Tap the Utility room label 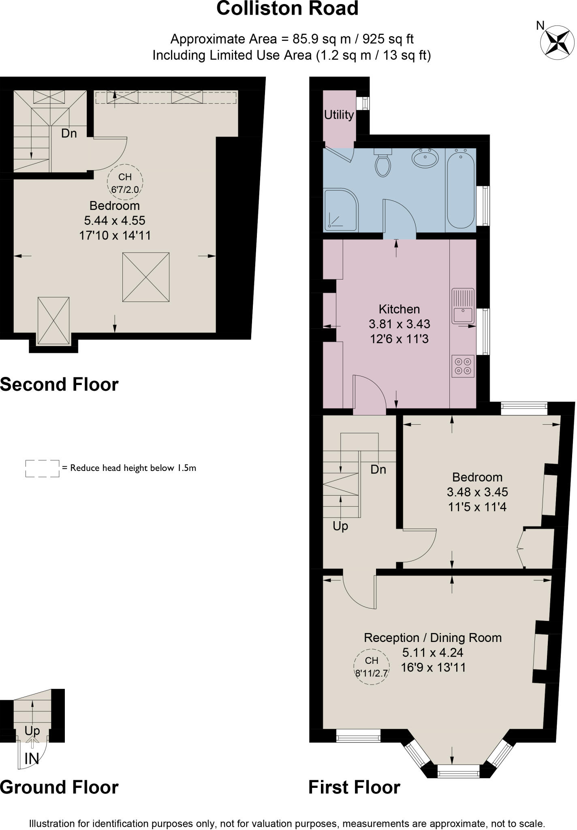click(x=339, y=115)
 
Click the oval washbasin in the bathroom click(x=425, y=157)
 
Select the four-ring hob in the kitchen click(x=463, y=366)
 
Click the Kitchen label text click(x=399, y=309)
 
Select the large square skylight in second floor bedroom click(x=146, y=277)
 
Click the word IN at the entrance click(x=32, y=759)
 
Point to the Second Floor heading click(x=59, y=385)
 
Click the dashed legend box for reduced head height click(x=42, y=468)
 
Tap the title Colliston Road click(x=287, y=9)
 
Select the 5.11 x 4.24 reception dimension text click(x=433, y=652)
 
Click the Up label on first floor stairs click(x=340, y=526)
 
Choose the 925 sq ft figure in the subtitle click(x=388, y=39)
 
